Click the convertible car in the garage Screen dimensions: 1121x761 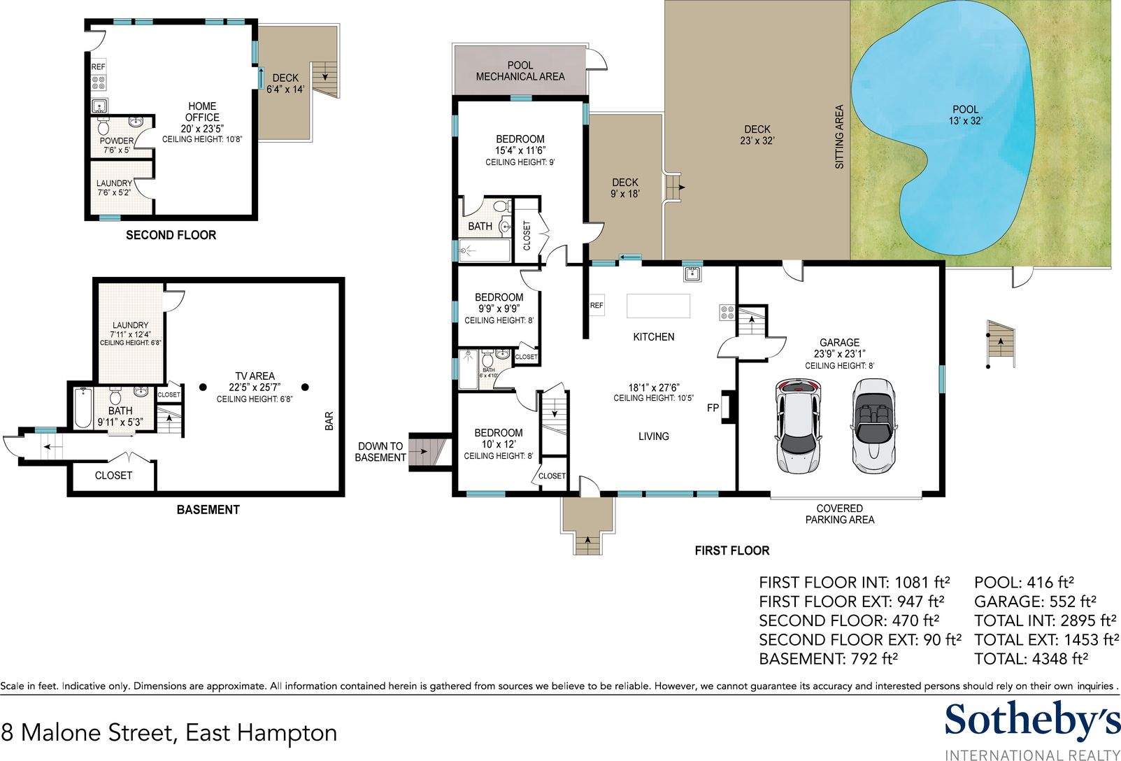click(873, 425)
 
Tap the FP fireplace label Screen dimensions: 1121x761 click(713, 408)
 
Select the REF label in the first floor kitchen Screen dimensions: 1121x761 click(597, 305)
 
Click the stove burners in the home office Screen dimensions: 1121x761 click(99, 83)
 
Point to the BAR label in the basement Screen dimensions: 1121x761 click(329, 421)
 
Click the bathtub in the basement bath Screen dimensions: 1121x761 click(83, 408)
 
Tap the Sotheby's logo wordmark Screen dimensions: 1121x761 click(1032, 721)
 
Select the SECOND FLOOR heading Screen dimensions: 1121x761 click(171, 235)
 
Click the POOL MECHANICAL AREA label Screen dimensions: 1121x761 click(520, 71)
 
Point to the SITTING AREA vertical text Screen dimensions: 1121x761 click(839, 136)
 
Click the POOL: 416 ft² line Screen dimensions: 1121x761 click(1024, 582)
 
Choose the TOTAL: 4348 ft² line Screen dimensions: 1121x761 click(1031, 658)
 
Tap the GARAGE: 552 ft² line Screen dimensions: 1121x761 click(1036, 602)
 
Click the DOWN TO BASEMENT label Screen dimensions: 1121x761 click(380, 452)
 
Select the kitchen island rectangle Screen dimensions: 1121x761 click(658, 306)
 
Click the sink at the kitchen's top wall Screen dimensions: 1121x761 click(692, 273)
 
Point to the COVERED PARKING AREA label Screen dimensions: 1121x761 click(840, 514)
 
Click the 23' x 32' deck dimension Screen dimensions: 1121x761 click(757, 141)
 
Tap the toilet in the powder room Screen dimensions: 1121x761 click(103, 126)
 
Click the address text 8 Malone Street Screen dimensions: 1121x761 click(88, 733)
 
